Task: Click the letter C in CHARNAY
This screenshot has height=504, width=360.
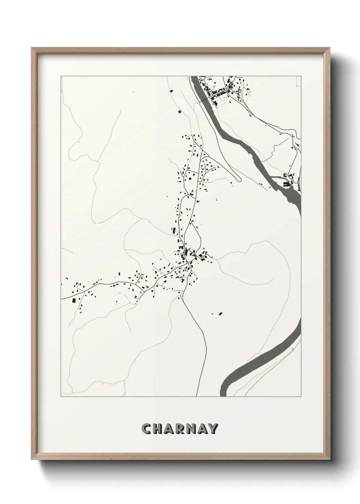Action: click(x=147, y=429)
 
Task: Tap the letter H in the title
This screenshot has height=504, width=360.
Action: click(x=160, y=429)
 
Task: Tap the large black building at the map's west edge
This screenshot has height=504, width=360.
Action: click(x=74, y=300)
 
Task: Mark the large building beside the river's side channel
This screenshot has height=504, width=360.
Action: click(x=286, y=184)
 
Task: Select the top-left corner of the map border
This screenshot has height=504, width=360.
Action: click(x=61, y=76)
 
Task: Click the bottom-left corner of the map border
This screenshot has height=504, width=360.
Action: click(x=61, y=396)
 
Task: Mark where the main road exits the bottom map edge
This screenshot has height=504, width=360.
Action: click(x=197, y=396)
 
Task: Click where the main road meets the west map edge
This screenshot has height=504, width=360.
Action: click(x=62, y=299)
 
